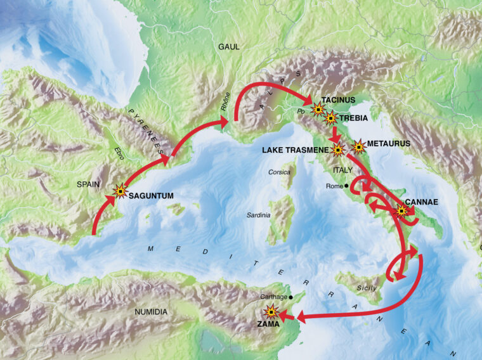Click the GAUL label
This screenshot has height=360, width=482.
coord(229,47)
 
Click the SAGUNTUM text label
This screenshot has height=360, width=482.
coord(151,196)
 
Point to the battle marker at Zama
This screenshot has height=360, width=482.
coord(271,311)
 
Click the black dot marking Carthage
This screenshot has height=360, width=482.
coord(290,297)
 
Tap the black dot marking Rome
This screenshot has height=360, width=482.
coord(346,186)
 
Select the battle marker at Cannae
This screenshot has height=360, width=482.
coord(400,212)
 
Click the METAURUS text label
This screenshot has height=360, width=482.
coord(388,144)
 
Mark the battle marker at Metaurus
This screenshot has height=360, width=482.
coord(358,147)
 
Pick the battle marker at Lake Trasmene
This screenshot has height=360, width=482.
coord(337,150)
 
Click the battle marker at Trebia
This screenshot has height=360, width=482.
coord(330,117)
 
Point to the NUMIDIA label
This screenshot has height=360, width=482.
coord(151,312)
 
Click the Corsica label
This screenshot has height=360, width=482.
coord(279,172)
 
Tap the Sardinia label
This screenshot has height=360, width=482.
coord(258,215)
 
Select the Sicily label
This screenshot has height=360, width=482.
coord(366,288)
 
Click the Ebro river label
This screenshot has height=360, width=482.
coord(117,152)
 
